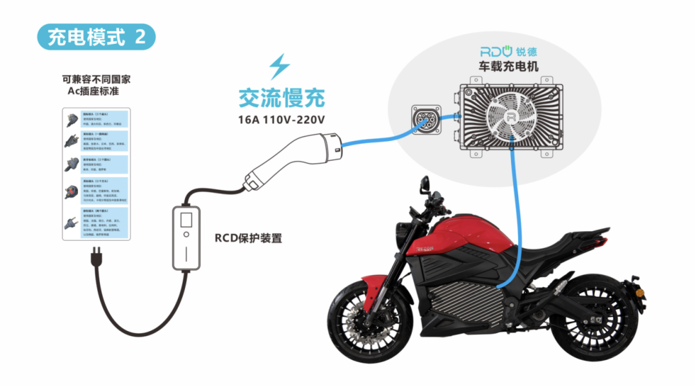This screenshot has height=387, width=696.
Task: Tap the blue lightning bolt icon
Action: (279, 67)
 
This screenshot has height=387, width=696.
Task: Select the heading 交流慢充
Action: (282, 99)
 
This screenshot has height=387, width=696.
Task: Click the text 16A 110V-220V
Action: (282, 119)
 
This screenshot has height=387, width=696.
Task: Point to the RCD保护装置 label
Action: (248, 238)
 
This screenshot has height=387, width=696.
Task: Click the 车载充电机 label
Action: (508, 66)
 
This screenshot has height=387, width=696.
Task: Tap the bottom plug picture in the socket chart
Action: (71, 222)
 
